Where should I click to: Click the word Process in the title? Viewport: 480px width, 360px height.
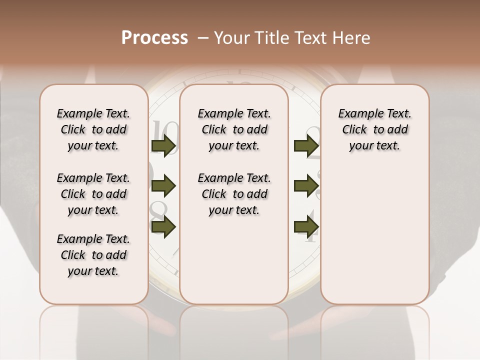click(x=154, y=38)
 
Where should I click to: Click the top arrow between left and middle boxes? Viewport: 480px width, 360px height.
click(x=163, y=145)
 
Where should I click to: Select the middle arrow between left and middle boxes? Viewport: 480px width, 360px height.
click(x=163, y=186)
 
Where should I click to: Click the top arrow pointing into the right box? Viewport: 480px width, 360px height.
click(x=306, y=145)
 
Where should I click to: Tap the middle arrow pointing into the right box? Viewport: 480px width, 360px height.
click(x=306, y=186)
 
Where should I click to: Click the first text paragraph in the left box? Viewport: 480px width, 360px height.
click(x=93, y=129)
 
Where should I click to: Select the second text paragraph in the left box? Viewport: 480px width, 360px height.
click(x=93, y=194)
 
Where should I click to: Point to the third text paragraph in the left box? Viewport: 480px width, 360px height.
click(x=93, y=255)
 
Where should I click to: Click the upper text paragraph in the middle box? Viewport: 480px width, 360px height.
click(x=234, y=129)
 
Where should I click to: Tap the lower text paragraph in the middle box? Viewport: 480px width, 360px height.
click(x=234, y=194)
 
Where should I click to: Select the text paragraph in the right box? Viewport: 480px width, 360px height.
click(x=374, y=129)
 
